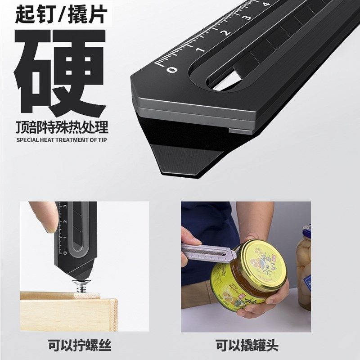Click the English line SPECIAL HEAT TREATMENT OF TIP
(62, 140)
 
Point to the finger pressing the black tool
(43, 220)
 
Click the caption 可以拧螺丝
(80, 346)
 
